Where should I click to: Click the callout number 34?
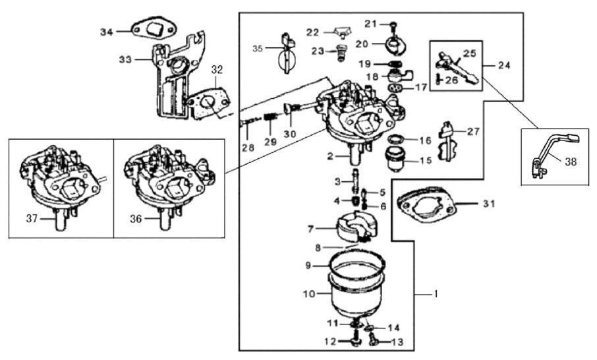pyautogui.click(x=107, y=32)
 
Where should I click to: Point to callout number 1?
pyautogui.click(x=436, y=292)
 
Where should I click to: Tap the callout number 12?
pyautogui.click(x=329, y=341)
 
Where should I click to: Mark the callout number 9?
pyautogui.click(x=307, y=266)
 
